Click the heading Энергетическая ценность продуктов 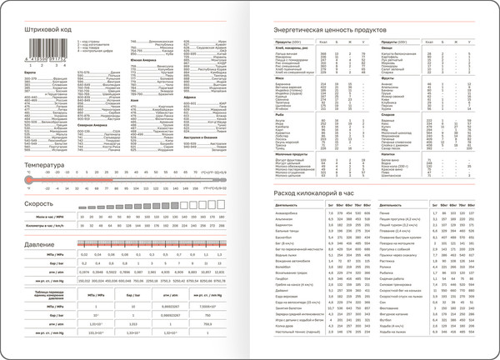[x=321, y=30]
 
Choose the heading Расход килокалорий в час [x=308, y=193]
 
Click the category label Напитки [x=388, y=153]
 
